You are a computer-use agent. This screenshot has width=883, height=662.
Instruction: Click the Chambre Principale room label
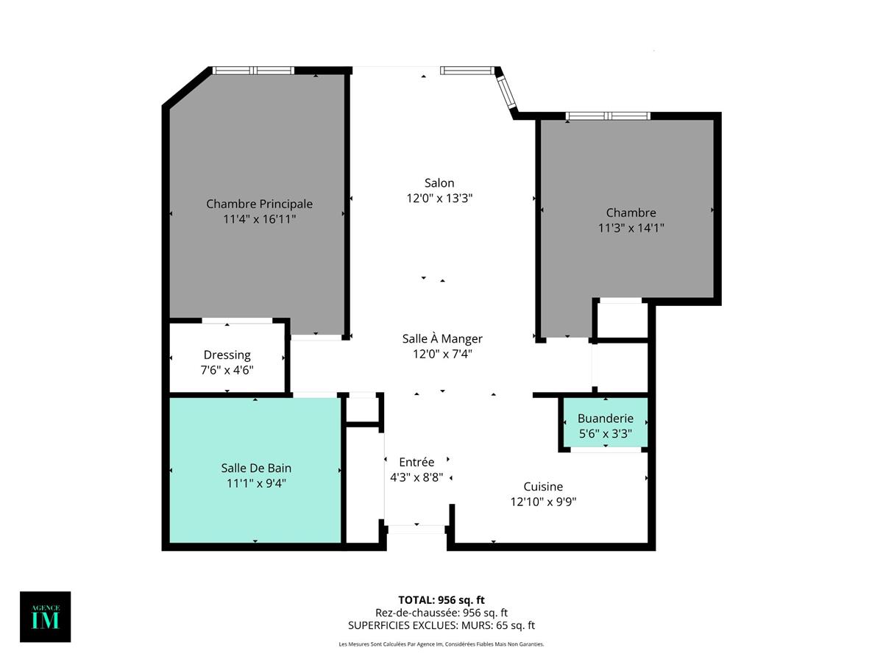(259, 204)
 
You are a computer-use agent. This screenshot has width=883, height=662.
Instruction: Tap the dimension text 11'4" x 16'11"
(259, 219)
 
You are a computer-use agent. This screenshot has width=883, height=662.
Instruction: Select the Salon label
(439, 182)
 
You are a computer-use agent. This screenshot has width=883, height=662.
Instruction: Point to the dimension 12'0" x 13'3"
(439, 198)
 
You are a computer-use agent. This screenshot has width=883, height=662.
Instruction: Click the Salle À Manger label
(442, 338)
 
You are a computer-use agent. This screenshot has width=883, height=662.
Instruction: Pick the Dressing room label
(227, 355)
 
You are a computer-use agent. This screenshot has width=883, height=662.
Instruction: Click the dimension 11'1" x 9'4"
(256, 483)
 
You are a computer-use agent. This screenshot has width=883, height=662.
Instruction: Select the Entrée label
(416, 462)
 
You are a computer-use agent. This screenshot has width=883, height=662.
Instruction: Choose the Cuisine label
(543, 486)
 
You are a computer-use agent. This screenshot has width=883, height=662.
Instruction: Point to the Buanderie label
(605, 418)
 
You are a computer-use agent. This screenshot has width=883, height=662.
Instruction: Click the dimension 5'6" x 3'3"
(605, 433)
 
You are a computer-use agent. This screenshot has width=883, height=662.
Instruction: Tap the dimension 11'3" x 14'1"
(631, 228)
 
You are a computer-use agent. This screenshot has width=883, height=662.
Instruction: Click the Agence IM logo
(46, 616)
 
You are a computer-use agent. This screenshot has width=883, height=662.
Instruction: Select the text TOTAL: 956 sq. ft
(441, 599)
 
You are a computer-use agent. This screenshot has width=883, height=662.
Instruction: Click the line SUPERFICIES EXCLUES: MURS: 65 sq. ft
(441, 625)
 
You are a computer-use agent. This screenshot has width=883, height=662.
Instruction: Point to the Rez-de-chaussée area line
(441, 612)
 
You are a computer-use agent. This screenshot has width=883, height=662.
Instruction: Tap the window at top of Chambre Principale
(253, 71)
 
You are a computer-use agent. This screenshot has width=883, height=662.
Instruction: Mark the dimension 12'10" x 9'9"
(543, 502)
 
